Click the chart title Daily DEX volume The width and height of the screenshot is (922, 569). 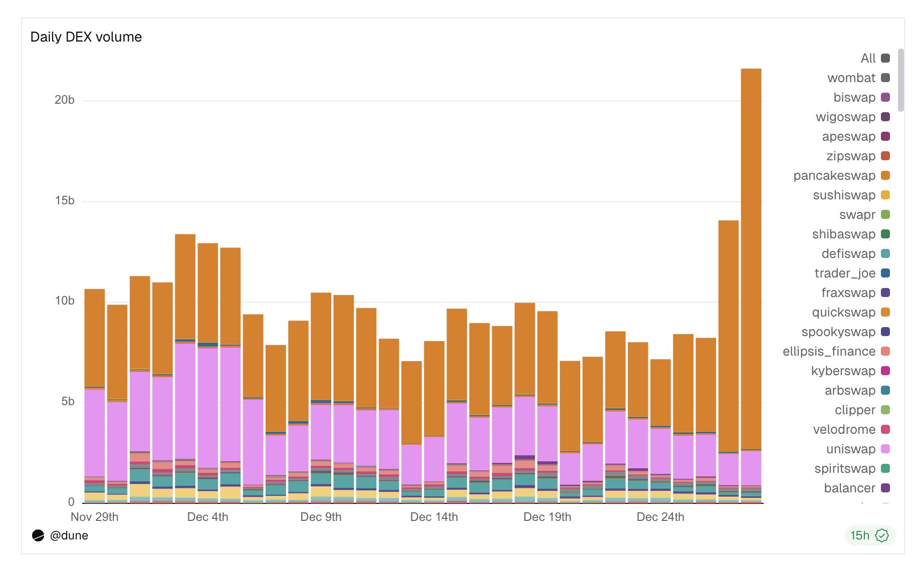click(x=86, y=37)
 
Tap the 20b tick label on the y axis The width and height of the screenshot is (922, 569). click(x=65, y=100)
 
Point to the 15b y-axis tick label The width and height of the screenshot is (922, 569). click(x=65, y=201)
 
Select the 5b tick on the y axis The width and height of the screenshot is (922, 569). click(x=68, y=402)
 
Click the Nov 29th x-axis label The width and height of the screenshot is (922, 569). click(x=94, y=517)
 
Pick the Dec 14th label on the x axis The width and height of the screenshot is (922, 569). click(x=434, y=517)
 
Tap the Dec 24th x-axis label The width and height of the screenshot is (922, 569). click(x=660, y=517)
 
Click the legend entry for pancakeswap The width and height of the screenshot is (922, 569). click(x=834, y=176)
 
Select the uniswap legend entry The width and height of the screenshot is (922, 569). click(x=850, y=449)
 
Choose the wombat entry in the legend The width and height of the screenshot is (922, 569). click(x=851, y=78)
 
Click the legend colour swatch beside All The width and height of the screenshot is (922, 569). click(x=885, y=58)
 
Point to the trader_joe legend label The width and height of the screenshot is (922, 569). click(x=845, y=273)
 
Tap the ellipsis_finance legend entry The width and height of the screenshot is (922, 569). click(x=829, y=352)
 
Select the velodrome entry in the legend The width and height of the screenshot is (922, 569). click(x=844, y=430)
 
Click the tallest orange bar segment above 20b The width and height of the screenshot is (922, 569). click(x=751, y=250)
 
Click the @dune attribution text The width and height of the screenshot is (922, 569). click(x=69, y=535)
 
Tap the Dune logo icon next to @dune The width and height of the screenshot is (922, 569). click(x=38, y=535)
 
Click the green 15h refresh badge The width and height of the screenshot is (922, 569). click(x=869, y=535)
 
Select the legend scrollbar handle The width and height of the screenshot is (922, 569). click(x=900, y=80)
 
